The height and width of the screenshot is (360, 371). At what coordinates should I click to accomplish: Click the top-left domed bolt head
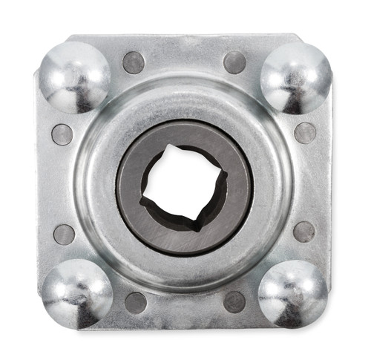(x=74, y=76)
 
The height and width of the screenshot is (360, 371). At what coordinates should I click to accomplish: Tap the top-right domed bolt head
(x=296, y=76)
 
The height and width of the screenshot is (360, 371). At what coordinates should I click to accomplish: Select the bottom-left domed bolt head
(x=76, y=289)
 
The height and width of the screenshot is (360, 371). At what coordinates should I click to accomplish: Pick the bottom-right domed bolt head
(x=294, y=291)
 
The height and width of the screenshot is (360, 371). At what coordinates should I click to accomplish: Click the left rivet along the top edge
(x=134, y=62)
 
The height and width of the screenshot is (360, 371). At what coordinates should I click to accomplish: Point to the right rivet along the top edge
(x=234, y=62)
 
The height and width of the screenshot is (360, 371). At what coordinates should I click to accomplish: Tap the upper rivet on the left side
(x=62, y=134)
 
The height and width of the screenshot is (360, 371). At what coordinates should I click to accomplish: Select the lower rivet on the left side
(x=65, y=235)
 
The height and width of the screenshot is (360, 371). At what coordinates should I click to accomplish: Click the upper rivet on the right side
(x=305, y=133)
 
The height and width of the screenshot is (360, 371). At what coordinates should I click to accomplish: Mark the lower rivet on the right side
(x=303, y=232)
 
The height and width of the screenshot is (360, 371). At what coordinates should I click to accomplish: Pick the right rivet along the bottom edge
(x=234, y=301)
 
